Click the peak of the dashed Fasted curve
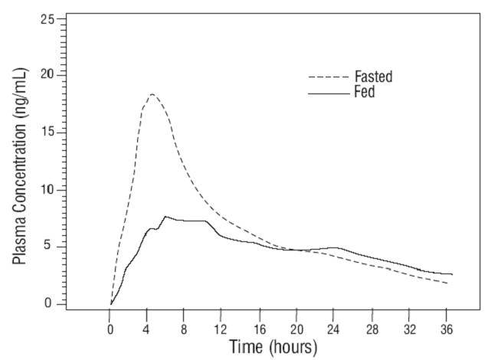(x=152, y=94)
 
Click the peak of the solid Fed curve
(x=165, y=217)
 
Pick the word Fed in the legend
(x=364, y=93)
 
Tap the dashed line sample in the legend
(x=327, y=77)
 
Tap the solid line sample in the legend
(x=327, y=93)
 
